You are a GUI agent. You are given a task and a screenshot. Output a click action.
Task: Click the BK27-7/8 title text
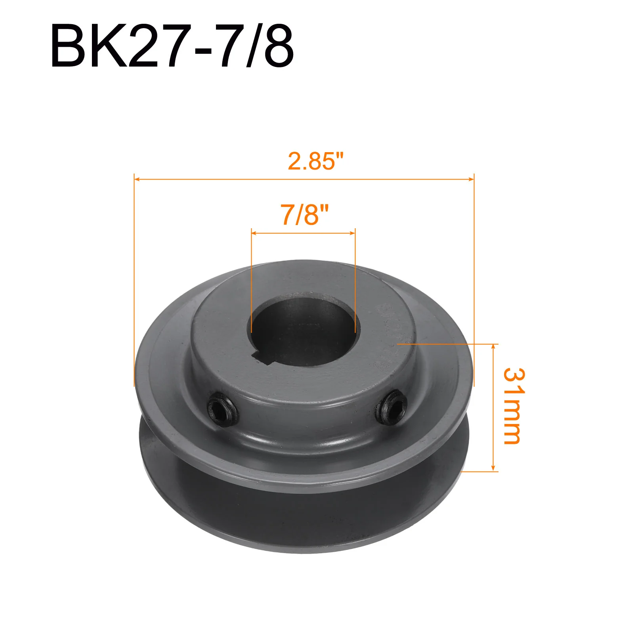click(x=172, y=47)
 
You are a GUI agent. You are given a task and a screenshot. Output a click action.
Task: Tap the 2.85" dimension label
click(x=316, y=161)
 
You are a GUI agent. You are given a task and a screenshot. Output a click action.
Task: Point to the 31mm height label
click(x=514, y=406)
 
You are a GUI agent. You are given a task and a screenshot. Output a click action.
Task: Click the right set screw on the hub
click(x=391, y=407)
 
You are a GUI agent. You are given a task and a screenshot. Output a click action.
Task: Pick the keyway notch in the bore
click(x=262, y=357)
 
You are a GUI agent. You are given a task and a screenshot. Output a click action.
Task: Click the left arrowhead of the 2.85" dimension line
click(x=137, y=179)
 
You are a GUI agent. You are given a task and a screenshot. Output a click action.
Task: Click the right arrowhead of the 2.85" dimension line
click(x=471, y=179)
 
